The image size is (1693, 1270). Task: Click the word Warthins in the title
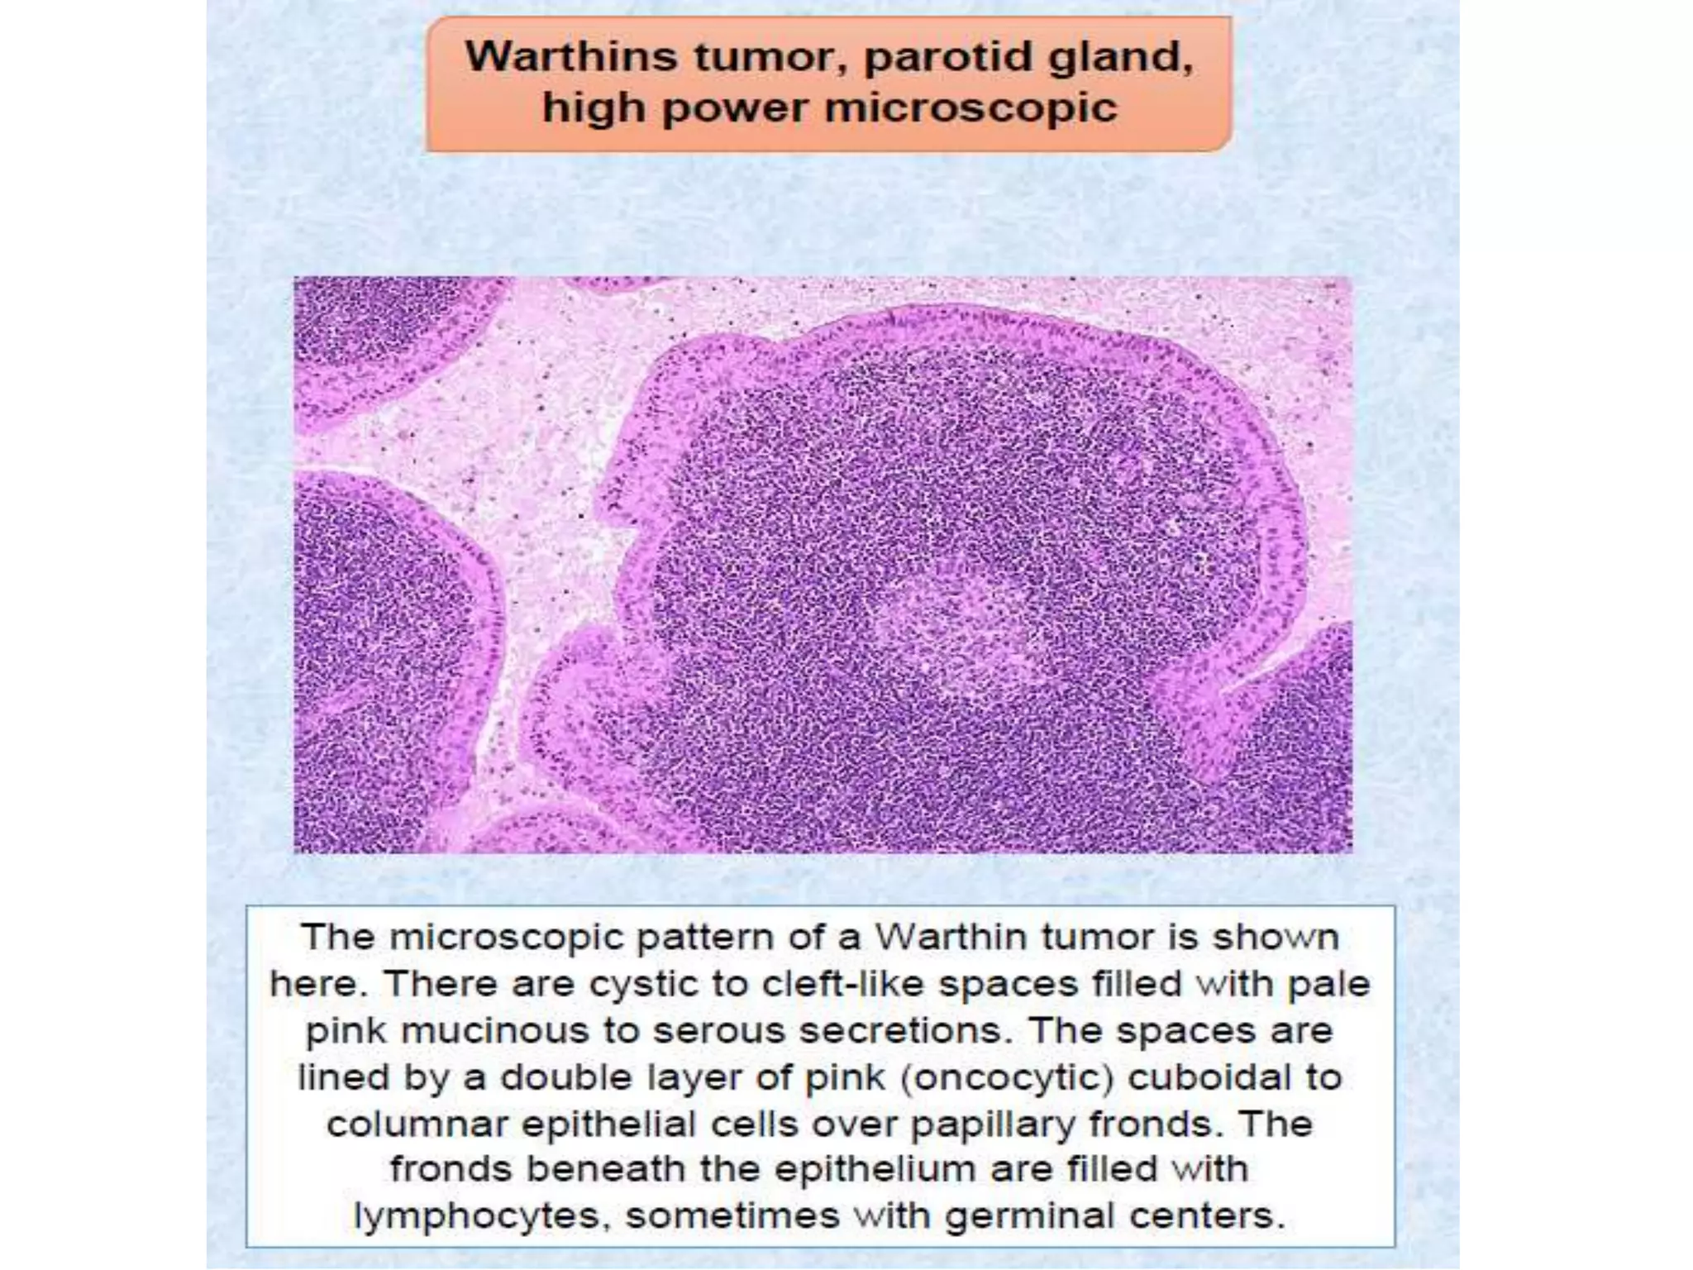point(571,58)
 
